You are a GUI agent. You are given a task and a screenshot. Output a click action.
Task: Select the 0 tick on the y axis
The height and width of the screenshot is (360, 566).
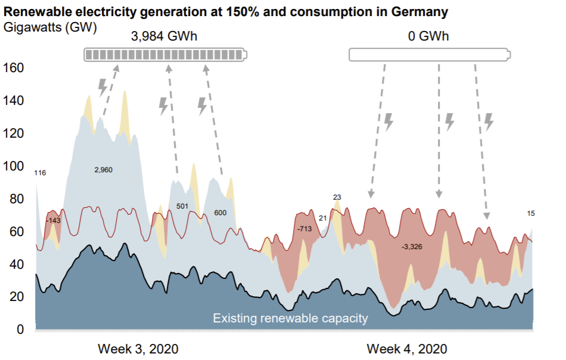pyautogui.click(x=20, y=330)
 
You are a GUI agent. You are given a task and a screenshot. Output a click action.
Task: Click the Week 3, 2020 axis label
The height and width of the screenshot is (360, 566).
pyautogui.click(x=138, y=349)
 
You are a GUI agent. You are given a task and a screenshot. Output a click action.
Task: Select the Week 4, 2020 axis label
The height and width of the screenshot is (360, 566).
pyautogui.click(x=406, y=349)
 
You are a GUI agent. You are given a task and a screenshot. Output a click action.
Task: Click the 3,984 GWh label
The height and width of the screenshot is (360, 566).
pyautogui.click(x=164, y=36)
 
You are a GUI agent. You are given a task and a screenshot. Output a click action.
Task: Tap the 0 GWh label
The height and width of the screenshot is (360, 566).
pyautogui.click(x=428, y=36)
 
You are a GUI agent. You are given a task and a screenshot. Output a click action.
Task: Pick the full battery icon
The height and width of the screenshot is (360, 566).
pyautogui.click(x=165, y=55)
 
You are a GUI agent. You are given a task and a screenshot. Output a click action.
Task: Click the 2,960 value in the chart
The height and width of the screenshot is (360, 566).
pyautogui.click(x=103, y=170)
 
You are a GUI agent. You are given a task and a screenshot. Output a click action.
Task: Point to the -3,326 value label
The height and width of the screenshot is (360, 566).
pyautogui.click(x=411, y=246)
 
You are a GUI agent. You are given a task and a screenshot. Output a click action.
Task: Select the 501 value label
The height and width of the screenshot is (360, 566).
pyautogui.click(x=182, y=206)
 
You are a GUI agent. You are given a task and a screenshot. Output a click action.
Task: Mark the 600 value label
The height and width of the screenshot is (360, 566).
pyautogui.click(x=220, y=212)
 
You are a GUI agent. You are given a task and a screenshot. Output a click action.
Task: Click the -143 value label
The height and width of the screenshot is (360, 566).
pyautogui.click(x=53, y=221)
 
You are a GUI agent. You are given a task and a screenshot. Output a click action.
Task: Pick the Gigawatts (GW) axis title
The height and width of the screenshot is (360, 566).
pyautogui.click(x=50, y=27)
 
